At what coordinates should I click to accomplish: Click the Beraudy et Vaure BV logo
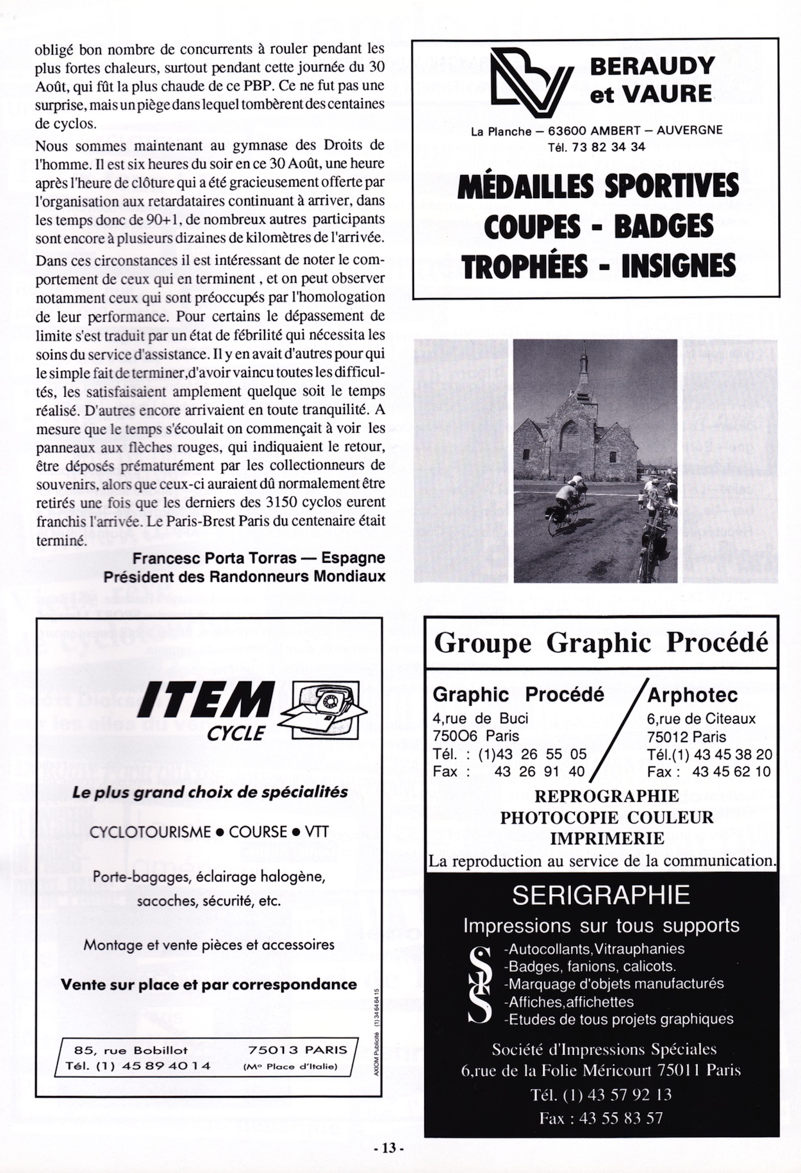[x=531, y=82]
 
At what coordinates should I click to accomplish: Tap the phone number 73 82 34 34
[x=609, y=147]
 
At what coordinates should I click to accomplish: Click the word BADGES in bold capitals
[x=664, y=226]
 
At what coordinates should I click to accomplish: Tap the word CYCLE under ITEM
[x=236, y=733]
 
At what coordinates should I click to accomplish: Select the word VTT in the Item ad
[x=317, y=832]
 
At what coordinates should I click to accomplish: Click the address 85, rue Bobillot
[x=131, y=1050]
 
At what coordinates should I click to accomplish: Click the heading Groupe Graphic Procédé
[x=601, y=642]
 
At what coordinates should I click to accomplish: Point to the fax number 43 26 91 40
[x=540, y=772]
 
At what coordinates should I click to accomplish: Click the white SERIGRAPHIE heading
[x=600, y=895]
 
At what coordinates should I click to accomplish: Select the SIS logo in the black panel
[x=480, y=985]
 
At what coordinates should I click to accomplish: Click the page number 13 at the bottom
[x=389, y=1148]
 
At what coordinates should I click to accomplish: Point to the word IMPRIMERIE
[x=607, y=838]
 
